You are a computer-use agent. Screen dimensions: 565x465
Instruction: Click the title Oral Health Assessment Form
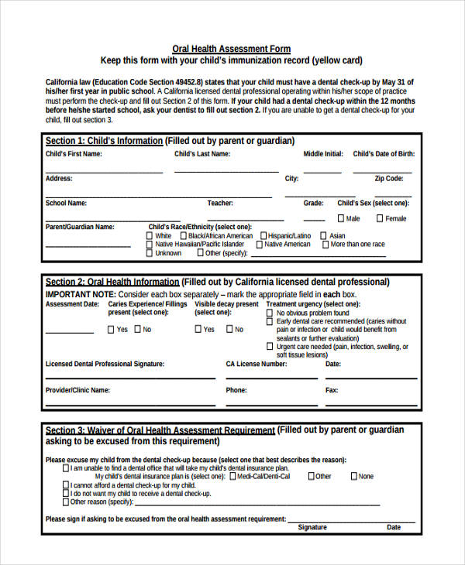[231, 48]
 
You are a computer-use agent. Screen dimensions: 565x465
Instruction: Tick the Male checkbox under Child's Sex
[342, 218]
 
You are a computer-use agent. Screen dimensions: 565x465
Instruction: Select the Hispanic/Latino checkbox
[263, 235]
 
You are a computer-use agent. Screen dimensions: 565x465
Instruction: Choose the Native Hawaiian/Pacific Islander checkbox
[150, 244]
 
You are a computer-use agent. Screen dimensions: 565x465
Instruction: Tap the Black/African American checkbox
[183, 235]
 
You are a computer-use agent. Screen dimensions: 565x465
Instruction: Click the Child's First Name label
[74, 154]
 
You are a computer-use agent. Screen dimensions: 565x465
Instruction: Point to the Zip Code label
[388, 178]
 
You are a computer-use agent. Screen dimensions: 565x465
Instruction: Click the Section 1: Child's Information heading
[104, 141]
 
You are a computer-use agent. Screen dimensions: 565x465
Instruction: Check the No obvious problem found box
[270, 313]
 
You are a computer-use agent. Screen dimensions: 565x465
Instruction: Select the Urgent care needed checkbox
[270, 347]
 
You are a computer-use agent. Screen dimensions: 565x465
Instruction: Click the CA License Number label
[256, 363]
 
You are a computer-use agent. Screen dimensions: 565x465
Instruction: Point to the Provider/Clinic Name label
[77, 390]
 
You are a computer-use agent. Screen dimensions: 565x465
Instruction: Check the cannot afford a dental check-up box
[65, 485]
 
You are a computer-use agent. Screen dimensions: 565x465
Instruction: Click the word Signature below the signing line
[312, 527]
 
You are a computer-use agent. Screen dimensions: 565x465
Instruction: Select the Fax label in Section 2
[332, 390]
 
